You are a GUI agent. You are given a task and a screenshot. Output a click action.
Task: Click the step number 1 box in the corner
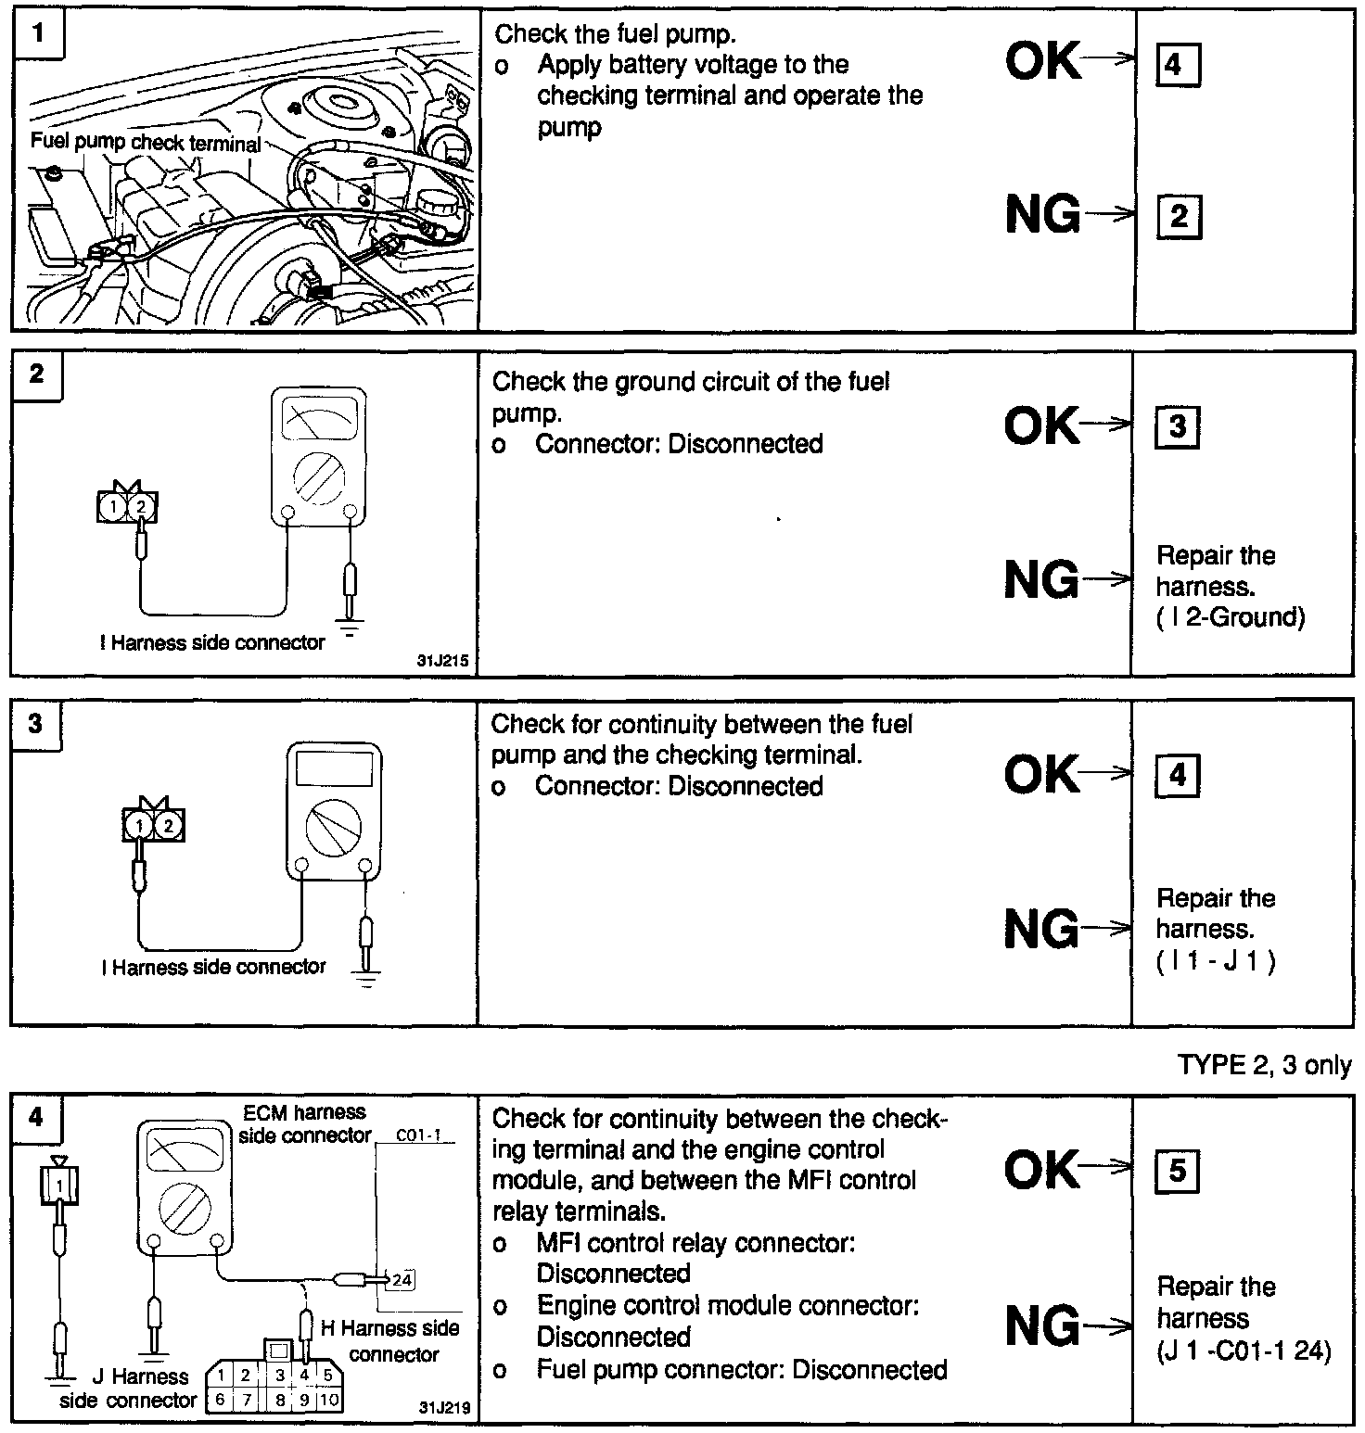pos(37,35)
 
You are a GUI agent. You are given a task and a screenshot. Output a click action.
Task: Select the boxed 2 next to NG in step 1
pos(1179,218)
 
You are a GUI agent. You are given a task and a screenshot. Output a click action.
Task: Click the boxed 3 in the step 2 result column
pos(1177,427)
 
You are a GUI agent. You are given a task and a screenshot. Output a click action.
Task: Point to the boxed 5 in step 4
pos(1177,1171)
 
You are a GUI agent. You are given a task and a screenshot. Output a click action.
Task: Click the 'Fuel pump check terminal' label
pos(146,143)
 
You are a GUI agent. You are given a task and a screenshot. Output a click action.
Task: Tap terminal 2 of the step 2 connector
pos(141,507)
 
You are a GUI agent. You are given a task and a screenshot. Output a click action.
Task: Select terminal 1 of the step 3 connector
pos(139,825)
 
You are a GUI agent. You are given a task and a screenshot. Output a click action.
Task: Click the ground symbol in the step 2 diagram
pos(349,630)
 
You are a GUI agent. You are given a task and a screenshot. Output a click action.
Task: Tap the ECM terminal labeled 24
pos(402,1280)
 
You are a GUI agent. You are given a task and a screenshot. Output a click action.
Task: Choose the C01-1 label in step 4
pos(418,1135)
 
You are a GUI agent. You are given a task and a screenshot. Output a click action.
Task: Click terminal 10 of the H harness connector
pos(328,1400)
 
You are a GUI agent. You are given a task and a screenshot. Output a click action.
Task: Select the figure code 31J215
pos(443,662)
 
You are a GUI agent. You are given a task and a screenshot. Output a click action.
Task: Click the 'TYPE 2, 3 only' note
pos(1264,1065)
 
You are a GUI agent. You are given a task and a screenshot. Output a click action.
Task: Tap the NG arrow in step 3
pos(1105,928)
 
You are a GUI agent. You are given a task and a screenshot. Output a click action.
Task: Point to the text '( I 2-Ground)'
pos(1231,617)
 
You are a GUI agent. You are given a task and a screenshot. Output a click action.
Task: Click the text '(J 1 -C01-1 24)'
pos(1244,1351)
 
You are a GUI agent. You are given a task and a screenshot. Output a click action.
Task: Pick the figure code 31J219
pos(444,1408)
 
